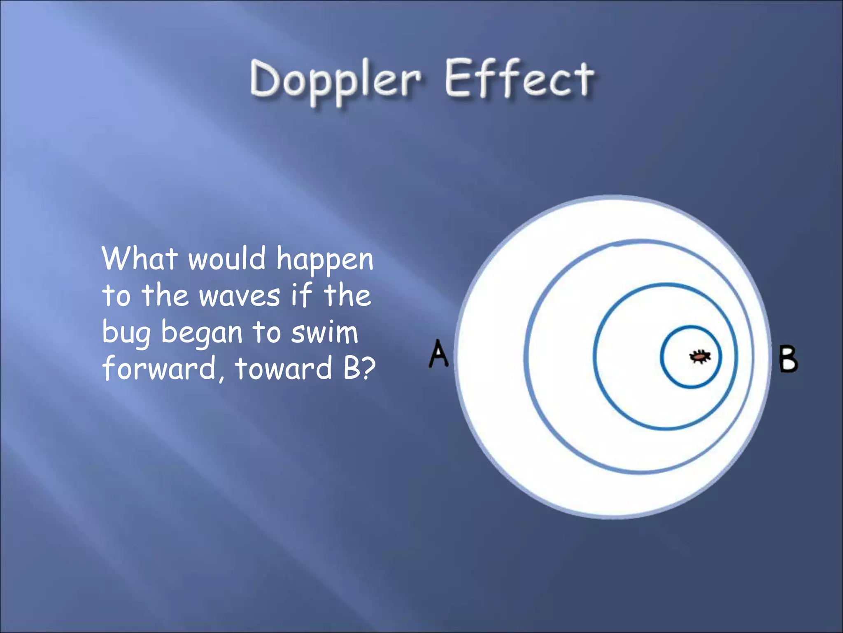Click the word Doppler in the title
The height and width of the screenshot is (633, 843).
335,80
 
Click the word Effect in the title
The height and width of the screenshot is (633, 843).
519,79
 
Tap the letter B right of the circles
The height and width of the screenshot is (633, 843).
788,359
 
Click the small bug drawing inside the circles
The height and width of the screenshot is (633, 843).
700,356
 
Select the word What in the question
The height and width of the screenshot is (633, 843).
140,259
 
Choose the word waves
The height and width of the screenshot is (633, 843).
240,296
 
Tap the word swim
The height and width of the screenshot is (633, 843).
325,332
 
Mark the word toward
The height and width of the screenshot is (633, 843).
283,368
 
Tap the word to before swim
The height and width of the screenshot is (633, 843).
265,332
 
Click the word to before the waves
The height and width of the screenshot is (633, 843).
116,296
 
